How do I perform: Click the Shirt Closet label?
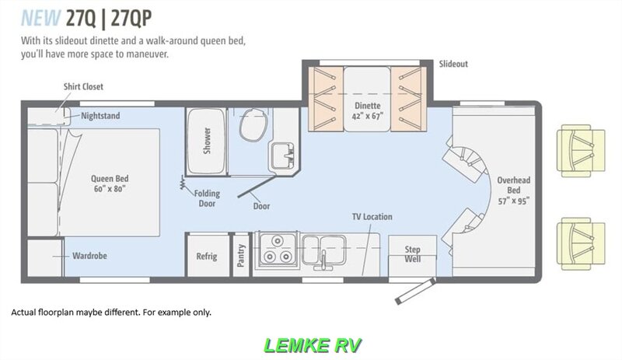[83, 87]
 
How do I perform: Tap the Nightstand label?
[100, 116]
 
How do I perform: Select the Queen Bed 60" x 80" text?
[108, 183]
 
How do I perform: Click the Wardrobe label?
[89, 255]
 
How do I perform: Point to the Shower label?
[207, 140]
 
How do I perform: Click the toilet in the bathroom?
[252, 125]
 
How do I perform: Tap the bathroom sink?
[281, 155]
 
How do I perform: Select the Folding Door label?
[206, 198]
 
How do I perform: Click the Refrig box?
[207, 256]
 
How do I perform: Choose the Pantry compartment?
[242, 256]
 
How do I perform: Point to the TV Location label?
[372, 217]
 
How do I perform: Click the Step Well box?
[412, 254]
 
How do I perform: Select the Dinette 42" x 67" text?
[368, 110]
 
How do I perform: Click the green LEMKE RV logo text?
[311, 344]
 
